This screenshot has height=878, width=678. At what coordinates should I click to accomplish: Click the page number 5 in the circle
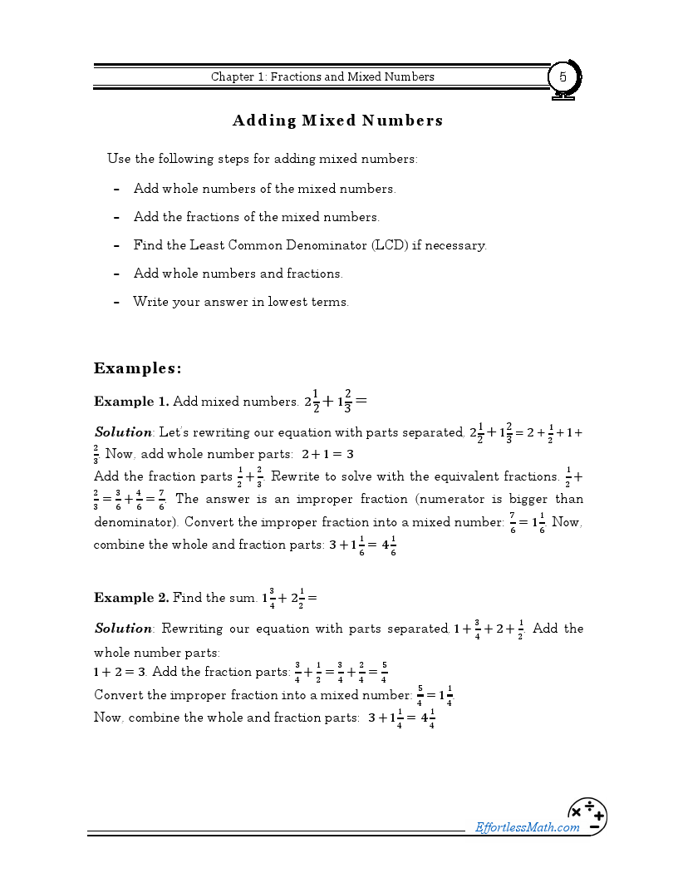point(563,77)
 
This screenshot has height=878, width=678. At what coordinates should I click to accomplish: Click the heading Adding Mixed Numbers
point(337,121)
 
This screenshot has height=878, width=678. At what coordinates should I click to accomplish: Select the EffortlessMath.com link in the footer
point(527,826)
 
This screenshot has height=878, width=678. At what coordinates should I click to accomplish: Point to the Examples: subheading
point(137,368)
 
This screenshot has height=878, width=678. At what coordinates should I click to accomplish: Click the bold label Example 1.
point(130,402)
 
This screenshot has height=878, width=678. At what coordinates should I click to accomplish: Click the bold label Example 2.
point(130,598)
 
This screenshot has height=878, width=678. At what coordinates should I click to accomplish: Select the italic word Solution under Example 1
point(123,432)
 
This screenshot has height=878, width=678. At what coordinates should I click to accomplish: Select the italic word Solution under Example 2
point(123,629)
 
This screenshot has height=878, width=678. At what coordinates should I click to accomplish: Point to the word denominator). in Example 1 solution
point(135,522)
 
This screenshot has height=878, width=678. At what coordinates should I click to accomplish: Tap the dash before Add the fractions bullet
point(116,217)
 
